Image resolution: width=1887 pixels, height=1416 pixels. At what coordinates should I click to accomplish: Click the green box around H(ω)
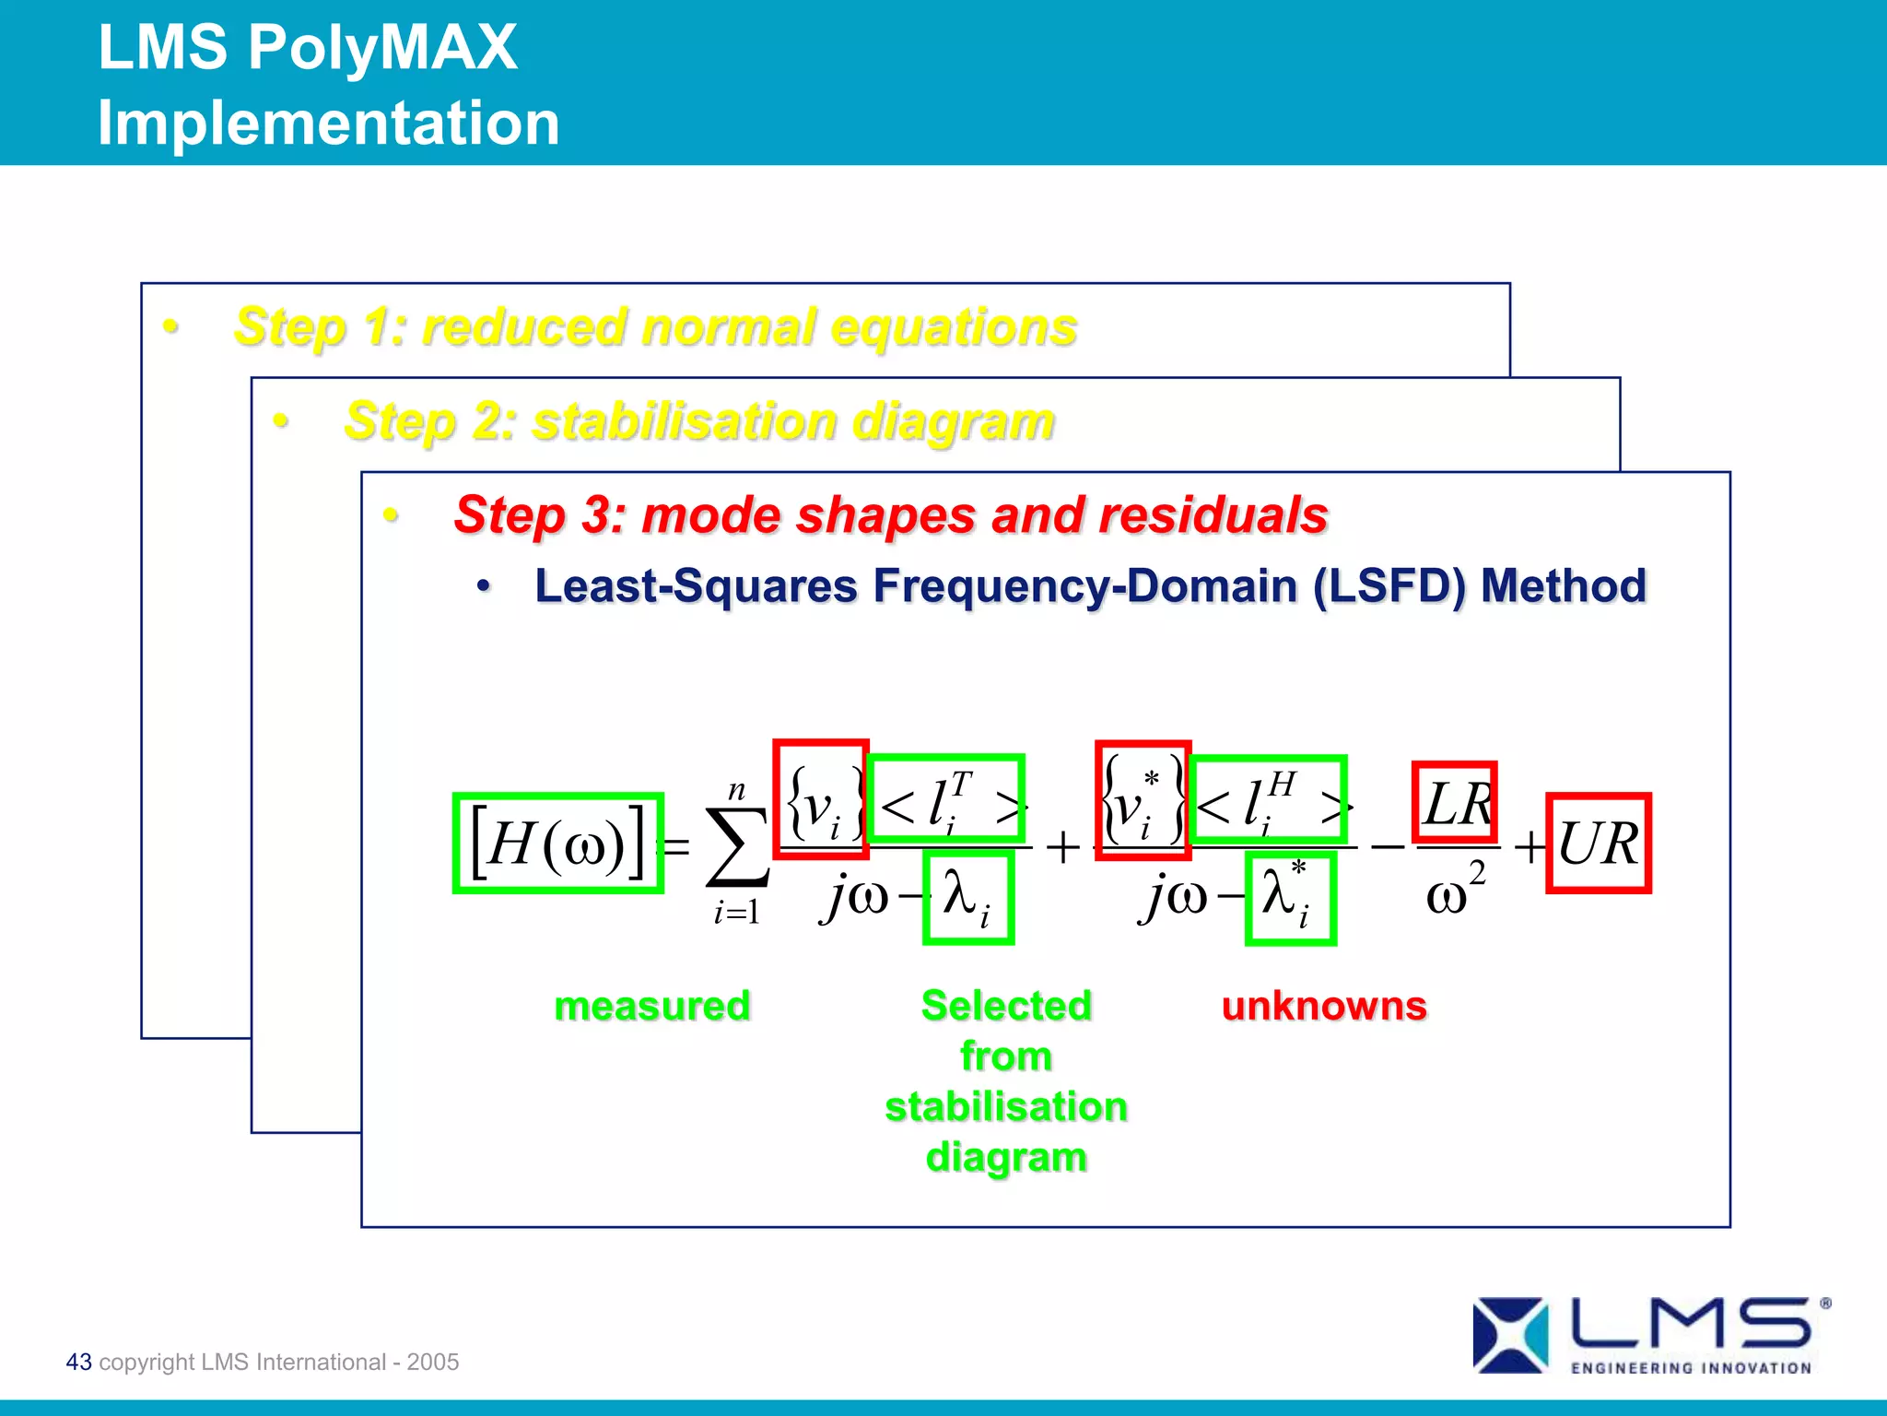[x=558, y=843]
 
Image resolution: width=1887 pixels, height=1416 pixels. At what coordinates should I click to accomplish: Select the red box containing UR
[x=1599, y=843]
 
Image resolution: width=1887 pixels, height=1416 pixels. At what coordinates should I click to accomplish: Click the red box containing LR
[x=1455, y=801]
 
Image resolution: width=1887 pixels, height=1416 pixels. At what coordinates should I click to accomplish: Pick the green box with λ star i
[x=1290, y=898]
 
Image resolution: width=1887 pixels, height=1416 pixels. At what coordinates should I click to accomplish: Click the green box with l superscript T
[x=946, y=798]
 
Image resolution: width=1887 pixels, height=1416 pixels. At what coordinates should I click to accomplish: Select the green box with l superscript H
[x=1268, y=799]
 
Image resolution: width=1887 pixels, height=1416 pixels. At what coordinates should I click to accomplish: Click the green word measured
[x=652, y=1006]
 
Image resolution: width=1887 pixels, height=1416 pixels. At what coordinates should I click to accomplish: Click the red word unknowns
[x=1324, y=1006]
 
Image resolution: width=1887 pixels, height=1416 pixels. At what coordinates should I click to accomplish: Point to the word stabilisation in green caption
[x=1006, y=1106]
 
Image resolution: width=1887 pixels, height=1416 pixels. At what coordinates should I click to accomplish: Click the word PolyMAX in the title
[x=382, y=47]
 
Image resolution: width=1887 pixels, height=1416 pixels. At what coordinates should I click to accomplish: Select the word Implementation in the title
[x=329, y=123]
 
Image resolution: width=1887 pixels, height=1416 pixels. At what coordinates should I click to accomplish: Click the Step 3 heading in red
[x=890, y=514]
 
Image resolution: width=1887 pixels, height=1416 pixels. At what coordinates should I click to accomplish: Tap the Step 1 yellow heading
[x=655, y=326]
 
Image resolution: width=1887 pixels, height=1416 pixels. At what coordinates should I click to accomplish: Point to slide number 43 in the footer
[x=79, y=1362]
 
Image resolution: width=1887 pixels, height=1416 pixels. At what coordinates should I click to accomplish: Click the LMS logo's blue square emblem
[x=1510, y=1334]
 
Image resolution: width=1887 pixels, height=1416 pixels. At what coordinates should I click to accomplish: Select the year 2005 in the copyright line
[x=433, y=1362]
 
